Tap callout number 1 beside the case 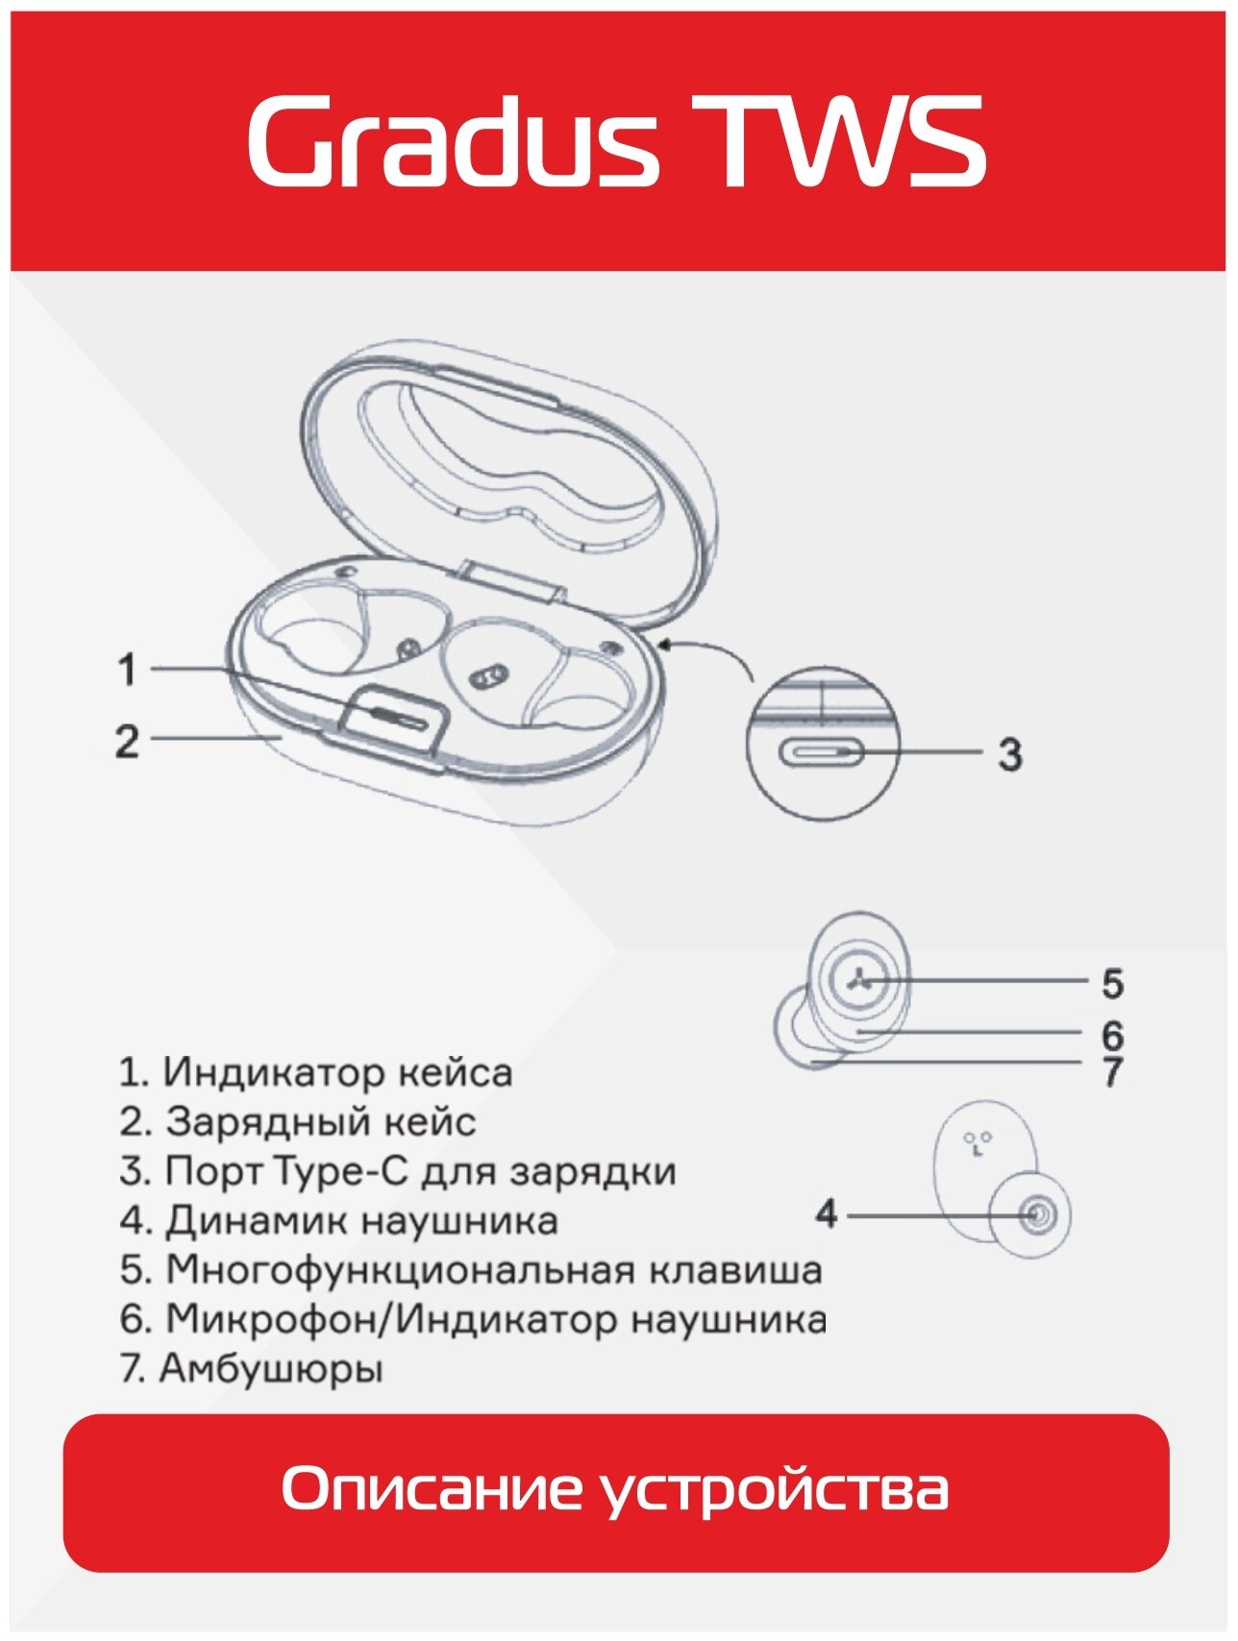(128, 670)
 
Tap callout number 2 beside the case (128, 742)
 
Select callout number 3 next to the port (1009, 754)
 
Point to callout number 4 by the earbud (827, 1214)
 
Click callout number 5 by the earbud (1112, 983)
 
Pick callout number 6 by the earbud (1112, 1036)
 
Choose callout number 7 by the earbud (1112, 1071)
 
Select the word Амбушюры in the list (271, 1369)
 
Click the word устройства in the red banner (777, 1490)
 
